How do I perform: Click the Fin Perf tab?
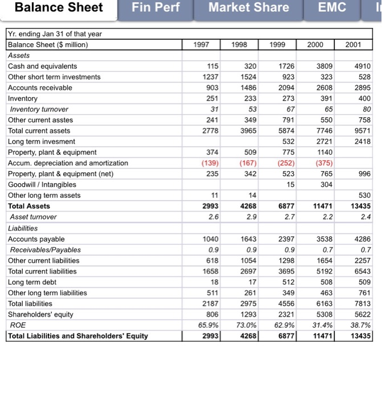click(x=154, y=8)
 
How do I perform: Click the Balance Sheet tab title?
click(x=58, y=8)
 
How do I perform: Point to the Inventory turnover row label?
click(x=39, y=109)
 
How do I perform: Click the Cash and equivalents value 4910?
click(x=362, y=66)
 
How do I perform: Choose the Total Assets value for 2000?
click(x=323, y=206)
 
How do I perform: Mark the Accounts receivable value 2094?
click(x=285, y=88)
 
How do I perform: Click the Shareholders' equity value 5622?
click(x=362, y=314)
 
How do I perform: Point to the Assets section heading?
click(x=19, y=55)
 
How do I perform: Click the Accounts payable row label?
click(x=36, y=239)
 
